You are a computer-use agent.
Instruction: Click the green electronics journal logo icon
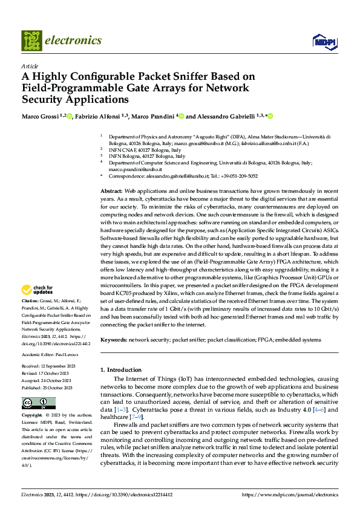(x=31, y=41)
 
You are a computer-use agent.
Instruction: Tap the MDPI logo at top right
(x=324, y=41)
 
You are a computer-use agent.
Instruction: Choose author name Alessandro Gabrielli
(x=226, y=117)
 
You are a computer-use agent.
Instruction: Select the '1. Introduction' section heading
(x=120, y=369)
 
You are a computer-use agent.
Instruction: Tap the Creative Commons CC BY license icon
(x=38, y=403)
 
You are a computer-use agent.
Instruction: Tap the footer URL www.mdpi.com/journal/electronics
(x=290, y=494)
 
